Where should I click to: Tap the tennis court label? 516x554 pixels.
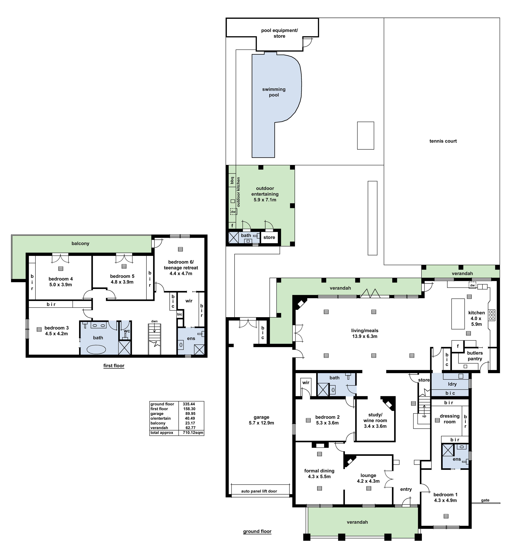tap(443, 141)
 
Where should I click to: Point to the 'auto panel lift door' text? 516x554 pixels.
tap(259, 491)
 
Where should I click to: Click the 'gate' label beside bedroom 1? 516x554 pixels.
tap(485, 500)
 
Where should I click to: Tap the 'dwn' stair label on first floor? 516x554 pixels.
tap(154, 321)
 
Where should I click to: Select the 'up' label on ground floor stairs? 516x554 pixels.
tap(424, 416)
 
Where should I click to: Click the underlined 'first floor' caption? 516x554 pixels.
tap(114, 366)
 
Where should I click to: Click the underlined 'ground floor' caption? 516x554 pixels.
tap(257, 531)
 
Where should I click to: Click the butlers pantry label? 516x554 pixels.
tap(475, 356)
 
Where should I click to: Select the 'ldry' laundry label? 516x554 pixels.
tap(452, 384)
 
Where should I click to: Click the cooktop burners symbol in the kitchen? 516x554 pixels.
tap(492, 315)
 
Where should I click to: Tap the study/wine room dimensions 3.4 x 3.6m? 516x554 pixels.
tap(375, 426)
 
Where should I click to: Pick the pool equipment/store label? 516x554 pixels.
tap(279, 33)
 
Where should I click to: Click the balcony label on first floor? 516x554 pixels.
tap(80, 243)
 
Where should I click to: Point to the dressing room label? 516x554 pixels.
tap(449, 419)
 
